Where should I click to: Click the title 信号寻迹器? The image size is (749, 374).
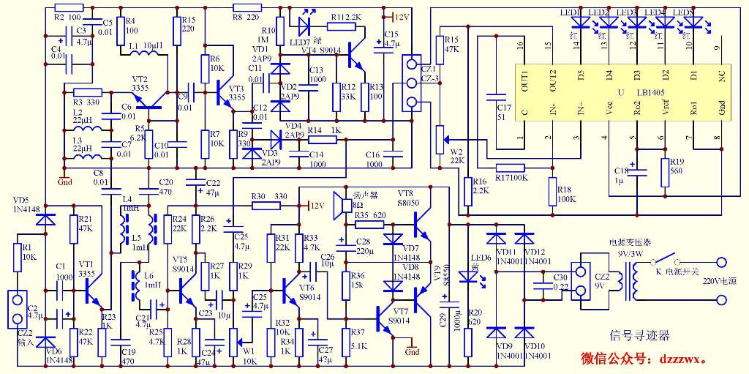(640, 336)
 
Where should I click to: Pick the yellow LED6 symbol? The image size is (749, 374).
(468, 277)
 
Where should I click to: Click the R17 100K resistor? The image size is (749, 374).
(512, 167)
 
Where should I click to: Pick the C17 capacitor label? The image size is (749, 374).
(503, 112)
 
